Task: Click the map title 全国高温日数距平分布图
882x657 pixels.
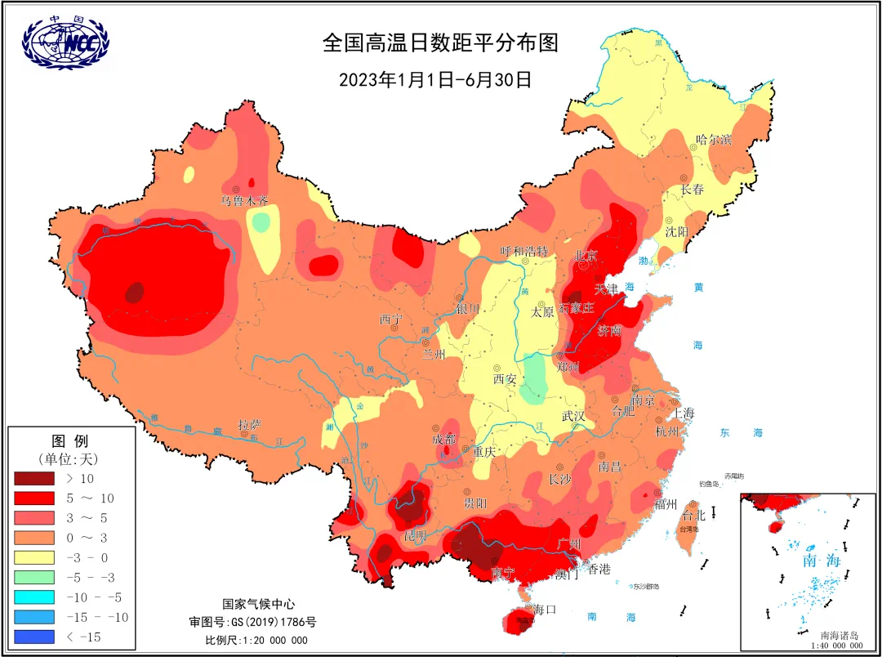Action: (440, 42)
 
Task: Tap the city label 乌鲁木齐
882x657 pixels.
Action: (244, 200)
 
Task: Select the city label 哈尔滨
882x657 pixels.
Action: (713, 140)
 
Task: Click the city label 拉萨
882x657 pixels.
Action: (250, 425)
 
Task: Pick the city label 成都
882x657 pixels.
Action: (446, 439)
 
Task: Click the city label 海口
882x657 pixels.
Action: (544, 609)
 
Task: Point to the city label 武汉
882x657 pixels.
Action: (573, 415)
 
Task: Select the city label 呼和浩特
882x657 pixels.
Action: (523, 250)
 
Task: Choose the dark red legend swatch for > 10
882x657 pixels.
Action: (34, 478)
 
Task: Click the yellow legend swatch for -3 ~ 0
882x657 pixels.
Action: (34, 557)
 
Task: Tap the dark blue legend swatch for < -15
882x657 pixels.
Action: (34, 637)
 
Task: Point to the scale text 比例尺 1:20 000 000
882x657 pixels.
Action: (256, 640)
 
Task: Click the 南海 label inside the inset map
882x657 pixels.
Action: (822, 561)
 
